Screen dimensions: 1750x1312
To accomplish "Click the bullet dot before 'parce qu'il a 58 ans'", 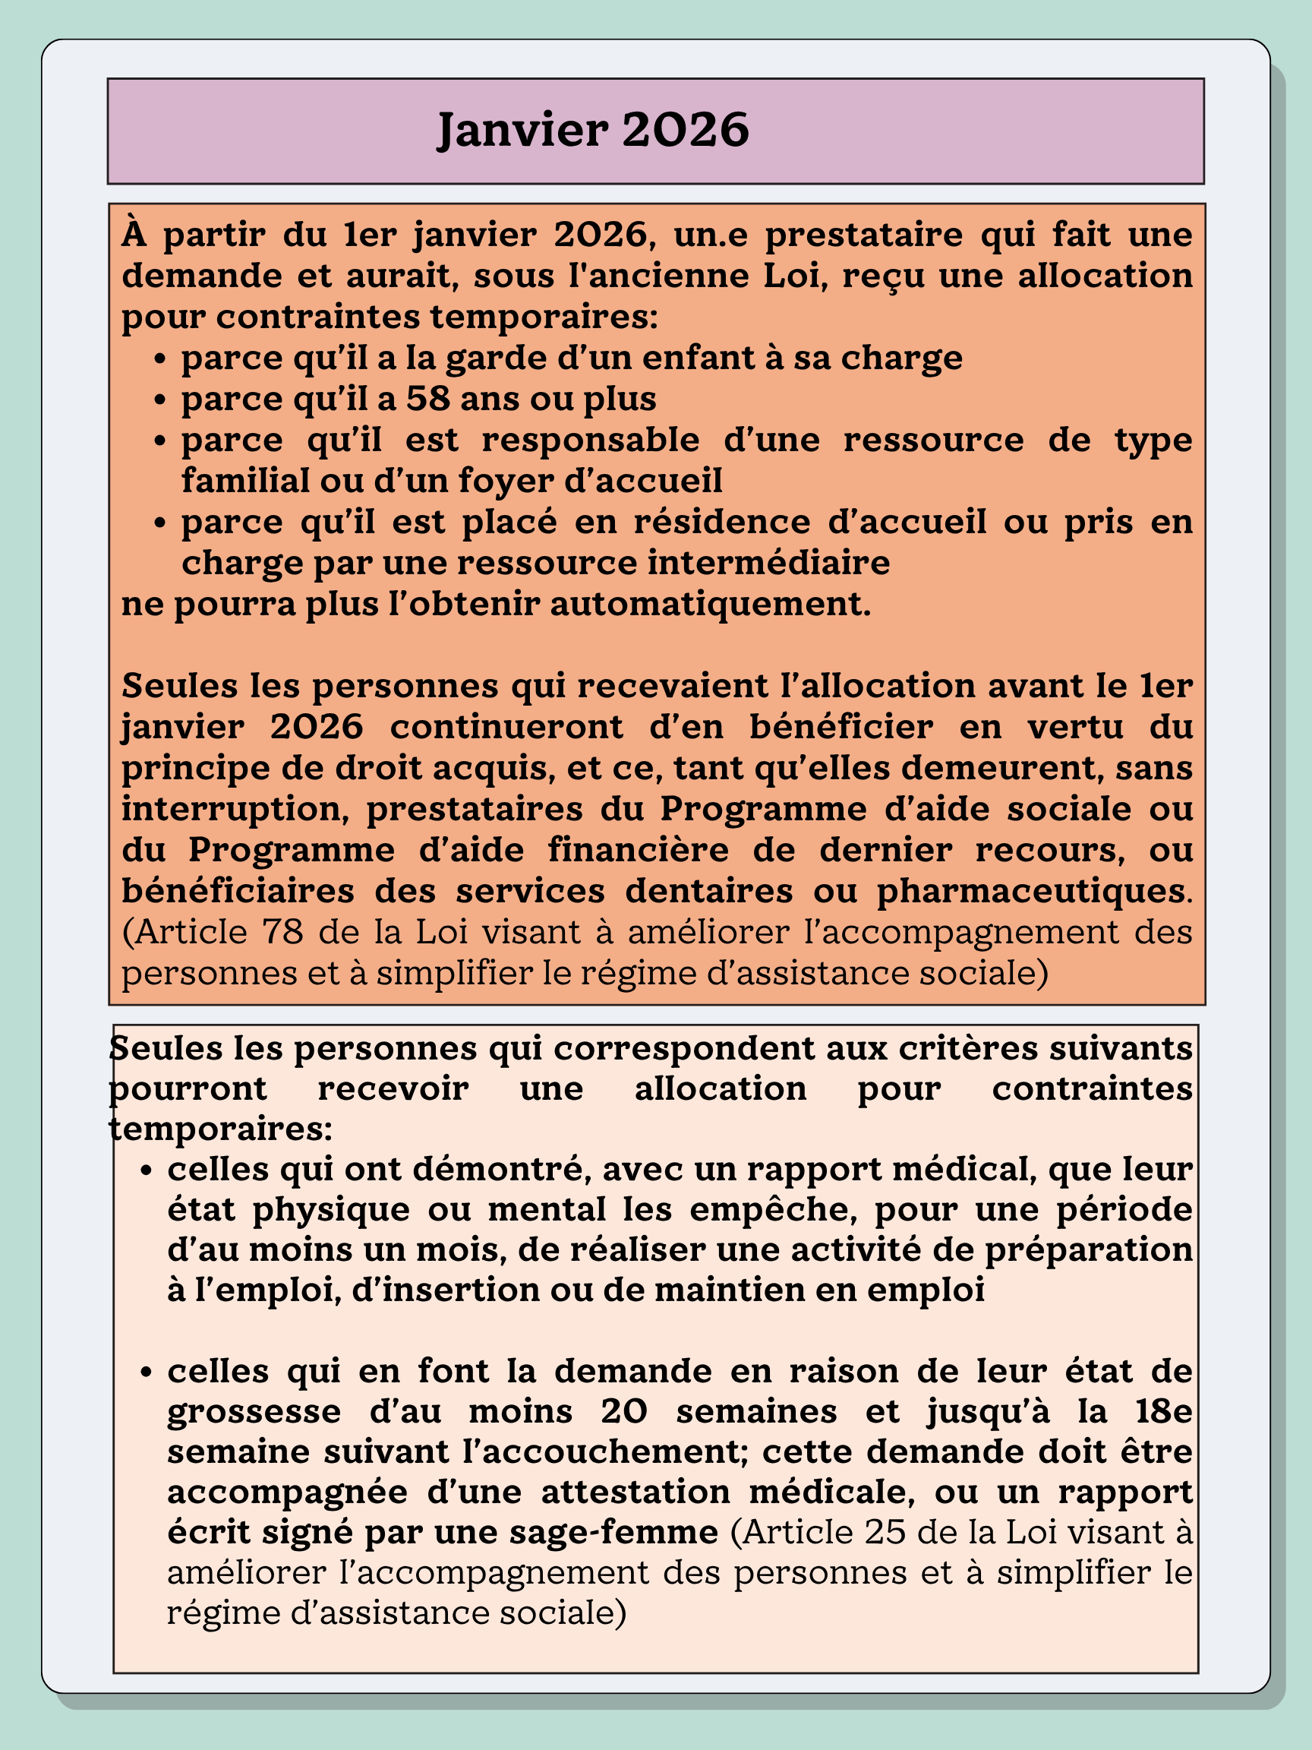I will tap(160, 400).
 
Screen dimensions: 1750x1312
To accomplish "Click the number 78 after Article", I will tap(285, 931).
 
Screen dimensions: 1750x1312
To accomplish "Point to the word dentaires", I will tap(708, 891).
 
